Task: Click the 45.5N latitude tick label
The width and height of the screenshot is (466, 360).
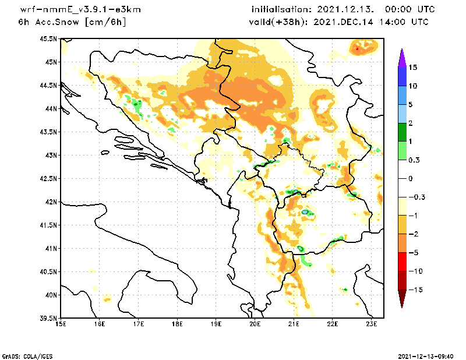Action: coord(48,38)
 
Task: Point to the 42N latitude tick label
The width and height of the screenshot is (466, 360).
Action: coord(51,202)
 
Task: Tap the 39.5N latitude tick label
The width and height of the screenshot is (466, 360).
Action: coord(48,318)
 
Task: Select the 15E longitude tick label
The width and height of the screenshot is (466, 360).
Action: coord(60,323)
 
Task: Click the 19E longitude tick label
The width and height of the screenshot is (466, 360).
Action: coord(216,323)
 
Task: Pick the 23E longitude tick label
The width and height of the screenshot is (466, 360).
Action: coord(372,323)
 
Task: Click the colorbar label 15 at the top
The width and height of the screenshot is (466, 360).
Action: coord(413,67)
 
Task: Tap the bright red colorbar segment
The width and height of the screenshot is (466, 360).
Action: coord(401,262)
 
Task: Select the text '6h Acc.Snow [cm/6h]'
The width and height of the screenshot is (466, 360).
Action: coord(72,22)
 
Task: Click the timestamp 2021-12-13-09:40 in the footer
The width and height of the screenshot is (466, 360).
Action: coord(426,355)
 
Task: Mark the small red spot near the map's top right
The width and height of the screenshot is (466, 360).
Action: coord(356,48)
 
